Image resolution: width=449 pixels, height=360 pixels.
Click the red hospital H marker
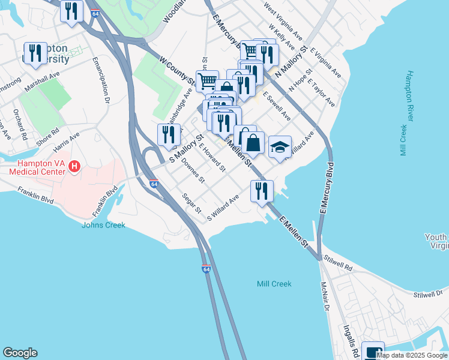click(74, 166)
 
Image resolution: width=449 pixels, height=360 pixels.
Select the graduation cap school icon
click(280, 147)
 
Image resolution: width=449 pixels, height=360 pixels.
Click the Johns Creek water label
click(104, 225)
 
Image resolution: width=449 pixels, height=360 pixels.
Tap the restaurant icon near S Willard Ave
click(262, 191)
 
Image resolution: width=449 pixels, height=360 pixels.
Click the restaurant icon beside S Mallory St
click(168, 134)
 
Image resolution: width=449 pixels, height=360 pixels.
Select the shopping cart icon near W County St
click(207, 80)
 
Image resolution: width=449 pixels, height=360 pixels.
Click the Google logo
click(20, 353)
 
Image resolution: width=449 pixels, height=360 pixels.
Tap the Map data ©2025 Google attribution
click(412, 355)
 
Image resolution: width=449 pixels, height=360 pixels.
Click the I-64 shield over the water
click(206, 270)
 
